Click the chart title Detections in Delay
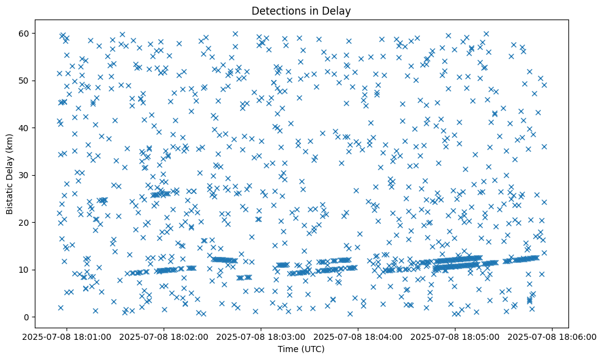point(300,10)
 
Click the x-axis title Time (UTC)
point(300,350)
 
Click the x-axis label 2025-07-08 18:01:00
point(68,336)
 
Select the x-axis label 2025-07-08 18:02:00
point(164,336)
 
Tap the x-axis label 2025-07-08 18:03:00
point(261,336)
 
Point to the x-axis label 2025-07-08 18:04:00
point(358,336)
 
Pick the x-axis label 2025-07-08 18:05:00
point(455,336)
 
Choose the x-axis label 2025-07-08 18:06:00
point(552,336)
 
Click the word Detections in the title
point(275,10)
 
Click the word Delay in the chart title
point(338,10)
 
